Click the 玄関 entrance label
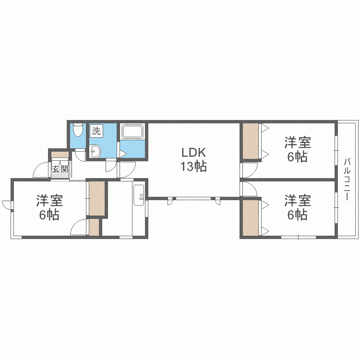point(60,169)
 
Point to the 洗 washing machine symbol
point(96,131)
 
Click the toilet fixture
point(77,131)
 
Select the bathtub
point(132,132)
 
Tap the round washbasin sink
point(94,151)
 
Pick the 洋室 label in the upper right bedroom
point(298,143)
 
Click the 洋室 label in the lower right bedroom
point(298,200)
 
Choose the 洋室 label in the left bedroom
point(49,200)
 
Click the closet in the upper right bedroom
point(251,141)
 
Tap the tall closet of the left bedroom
point(96,199)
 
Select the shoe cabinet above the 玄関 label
point(60,155)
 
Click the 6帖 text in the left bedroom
point(49,215)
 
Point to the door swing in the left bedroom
point(79,228)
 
